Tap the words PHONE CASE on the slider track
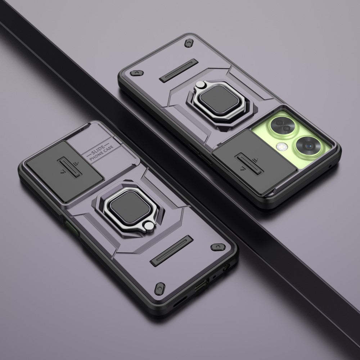(102, 153)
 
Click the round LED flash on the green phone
(282, 146)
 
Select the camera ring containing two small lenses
(283, 126)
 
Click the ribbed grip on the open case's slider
(249, 164)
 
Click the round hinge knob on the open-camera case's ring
(199, 85)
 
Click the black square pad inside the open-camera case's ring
(219, 99)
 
